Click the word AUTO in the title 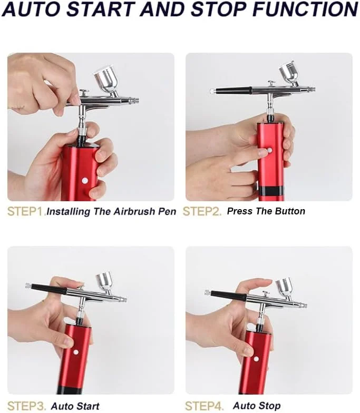32,9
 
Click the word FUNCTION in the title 305,9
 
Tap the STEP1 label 25,212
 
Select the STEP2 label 202,212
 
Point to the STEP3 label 26,406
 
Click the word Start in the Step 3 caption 87,406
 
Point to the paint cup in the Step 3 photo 105,282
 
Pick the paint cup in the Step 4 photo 284,287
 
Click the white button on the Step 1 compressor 85,180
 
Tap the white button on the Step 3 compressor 76,352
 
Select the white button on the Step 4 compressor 256,359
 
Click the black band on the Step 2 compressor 271,191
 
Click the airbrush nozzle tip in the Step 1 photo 137,100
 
